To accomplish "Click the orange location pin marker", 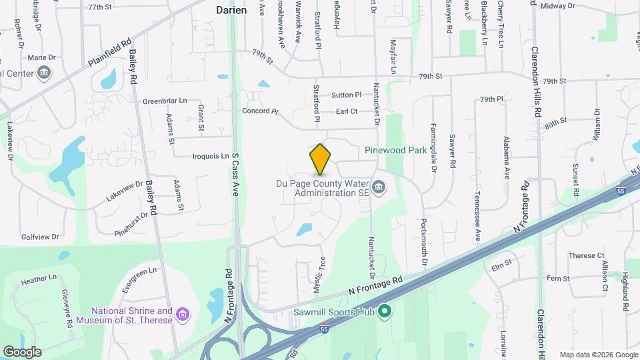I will (320, 159).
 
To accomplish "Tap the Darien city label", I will (231, 10).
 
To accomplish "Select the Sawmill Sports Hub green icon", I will (384, 311).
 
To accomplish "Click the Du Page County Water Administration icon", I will (379, 187).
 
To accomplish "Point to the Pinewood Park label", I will (395, 151).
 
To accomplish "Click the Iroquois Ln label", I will (210, 156).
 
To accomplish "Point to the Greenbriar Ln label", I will (165, 101).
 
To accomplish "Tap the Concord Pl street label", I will (259, 111).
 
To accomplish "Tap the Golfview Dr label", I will (40, 237).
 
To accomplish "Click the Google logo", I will (22, 351).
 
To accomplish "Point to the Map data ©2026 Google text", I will (598, 355).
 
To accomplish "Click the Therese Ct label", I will (586, 255).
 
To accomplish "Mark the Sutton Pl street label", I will (346, 95).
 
